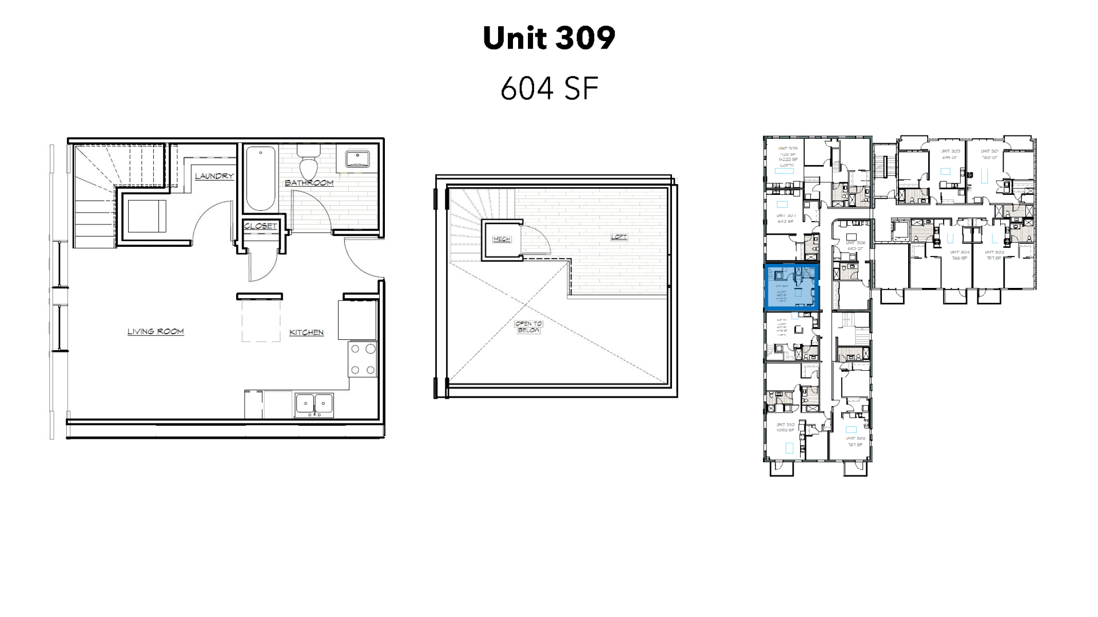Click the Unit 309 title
[549, 38]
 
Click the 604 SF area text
[549, 89]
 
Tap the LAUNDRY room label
[214, 176]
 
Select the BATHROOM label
[309, 183]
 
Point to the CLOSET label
[260, 226]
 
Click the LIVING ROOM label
[156, 331]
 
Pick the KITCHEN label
[307, 332]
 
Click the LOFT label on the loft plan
[619, 237]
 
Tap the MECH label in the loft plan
[502, 239]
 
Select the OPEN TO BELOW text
[528, 327]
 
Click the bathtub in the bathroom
[260, 178]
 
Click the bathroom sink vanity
[357, 158]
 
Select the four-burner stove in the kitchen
[363, 359]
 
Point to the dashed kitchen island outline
[261, 320]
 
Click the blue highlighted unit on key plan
[791, 286]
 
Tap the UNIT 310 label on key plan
[785, 425]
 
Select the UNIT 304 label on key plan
[959, 252]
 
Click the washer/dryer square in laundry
[146, 216]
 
